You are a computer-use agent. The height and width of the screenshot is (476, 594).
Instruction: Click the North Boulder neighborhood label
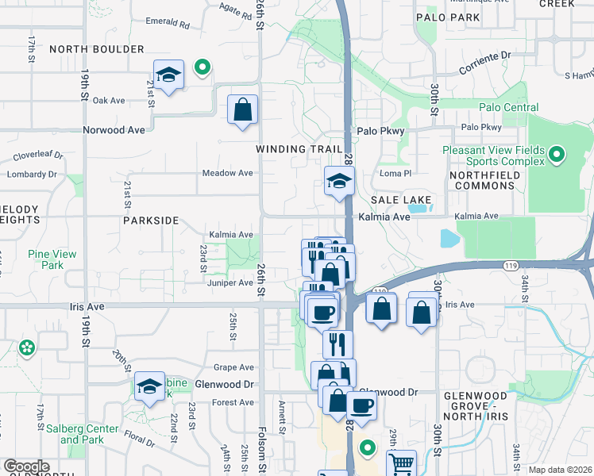tap(97, 49)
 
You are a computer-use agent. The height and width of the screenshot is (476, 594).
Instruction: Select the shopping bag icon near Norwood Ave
tap(242, 110)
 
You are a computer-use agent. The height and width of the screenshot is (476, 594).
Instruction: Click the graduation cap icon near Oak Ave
tap(168, 76)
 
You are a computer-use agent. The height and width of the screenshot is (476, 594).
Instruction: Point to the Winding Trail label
tap(299, 149)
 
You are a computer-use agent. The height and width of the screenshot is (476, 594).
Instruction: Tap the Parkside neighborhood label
tap(151, 221)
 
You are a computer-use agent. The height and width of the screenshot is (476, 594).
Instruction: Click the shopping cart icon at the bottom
tap(402, 464)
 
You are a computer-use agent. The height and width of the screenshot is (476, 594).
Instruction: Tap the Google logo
tap(26, 466)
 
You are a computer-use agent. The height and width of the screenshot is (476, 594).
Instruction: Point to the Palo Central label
tap(508, 108)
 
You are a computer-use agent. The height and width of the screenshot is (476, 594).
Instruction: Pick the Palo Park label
tap(448, 17)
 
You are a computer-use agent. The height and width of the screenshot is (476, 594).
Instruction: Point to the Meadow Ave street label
tap(227, 173)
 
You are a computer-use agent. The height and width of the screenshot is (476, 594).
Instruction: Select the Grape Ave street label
tap(233, 367)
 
